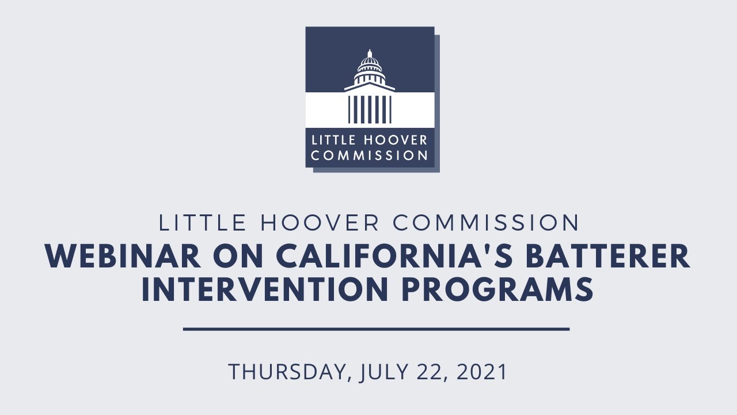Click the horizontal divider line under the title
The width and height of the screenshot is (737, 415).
coord(376,329)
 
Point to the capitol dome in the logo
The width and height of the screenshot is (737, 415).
coord(370,62)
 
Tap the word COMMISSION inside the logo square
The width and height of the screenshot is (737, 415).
coord(370,155)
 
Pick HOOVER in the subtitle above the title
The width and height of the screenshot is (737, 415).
coord(314,223)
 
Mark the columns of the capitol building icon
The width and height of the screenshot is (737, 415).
coord(370,108)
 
